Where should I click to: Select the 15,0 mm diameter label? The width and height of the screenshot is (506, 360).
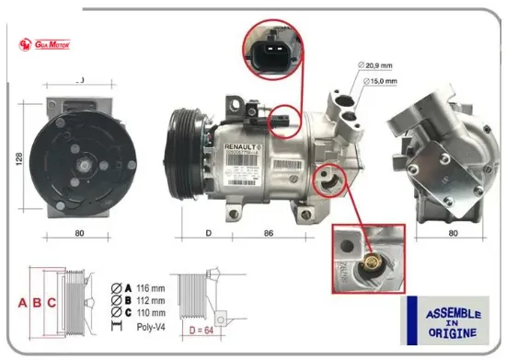tap(380, 82)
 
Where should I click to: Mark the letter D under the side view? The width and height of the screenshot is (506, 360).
tap(208, 234)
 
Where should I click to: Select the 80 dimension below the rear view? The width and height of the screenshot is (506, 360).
tap(452, 234)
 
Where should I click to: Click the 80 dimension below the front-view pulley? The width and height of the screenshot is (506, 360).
tap(78, 234)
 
